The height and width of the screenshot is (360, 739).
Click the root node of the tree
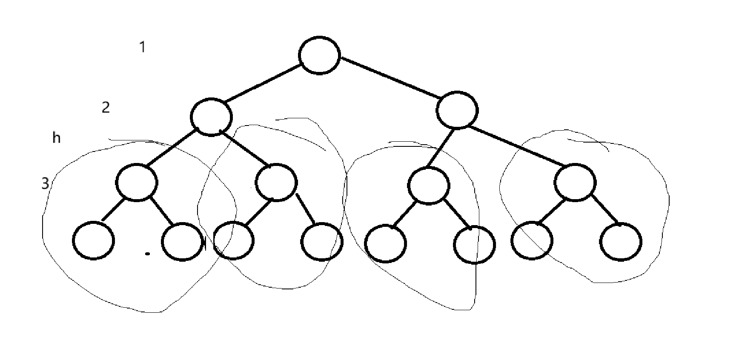[319, 55]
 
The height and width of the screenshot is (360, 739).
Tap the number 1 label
[143, 47]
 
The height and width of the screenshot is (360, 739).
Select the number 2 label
[106, 107]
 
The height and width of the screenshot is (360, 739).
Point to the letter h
[56, 138]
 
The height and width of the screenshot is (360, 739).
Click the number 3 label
[45, 184]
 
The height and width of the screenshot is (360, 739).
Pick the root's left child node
[212, 117]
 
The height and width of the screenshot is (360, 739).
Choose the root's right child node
[457, 110]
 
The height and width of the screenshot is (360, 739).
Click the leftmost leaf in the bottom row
[94, 240]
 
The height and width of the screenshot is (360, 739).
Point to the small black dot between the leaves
[147, 254]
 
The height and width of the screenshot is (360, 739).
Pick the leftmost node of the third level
[137, 183]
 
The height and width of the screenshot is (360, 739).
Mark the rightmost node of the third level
[575, 183]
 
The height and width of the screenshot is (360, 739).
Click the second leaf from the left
[182, 242]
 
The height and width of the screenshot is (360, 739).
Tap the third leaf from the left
[233, 240]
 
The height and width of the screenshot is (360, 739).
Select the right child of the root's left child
[277, 182]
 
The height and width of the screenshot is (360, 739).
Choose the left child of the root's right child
[428, 186]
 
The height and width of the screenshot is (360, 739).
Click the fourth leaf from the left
[321, 241]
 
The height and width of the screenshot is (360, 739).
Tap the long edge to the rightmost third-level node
[517, 145]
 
